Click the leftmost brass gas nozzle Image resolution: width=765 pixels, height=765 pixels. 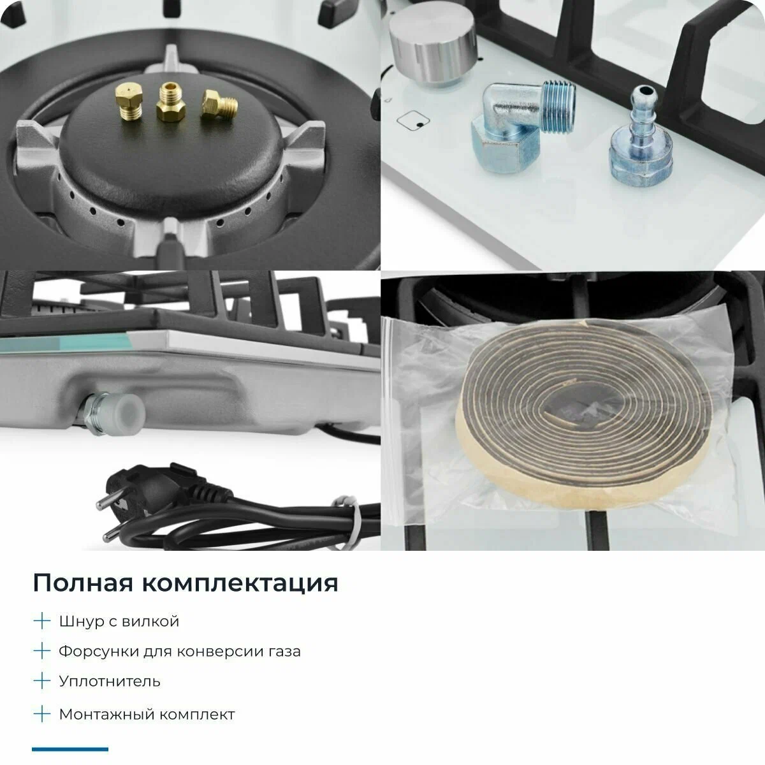(129, 102)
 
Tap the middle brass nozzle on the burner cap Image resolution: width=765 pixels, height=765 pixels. (170, 103)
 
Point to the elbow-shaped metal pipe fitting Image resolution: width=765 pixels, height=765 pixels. (520, 127)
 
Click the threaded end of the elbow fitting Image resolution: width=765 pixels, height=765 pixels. (558, 106)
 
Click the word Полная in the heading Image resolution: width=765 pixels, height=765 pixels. (84, 583)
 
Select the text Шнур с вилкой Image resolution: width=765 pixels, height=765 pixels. (119, 621)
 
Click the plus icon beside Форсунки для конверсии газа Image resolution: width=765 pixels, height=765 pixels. (41, 651)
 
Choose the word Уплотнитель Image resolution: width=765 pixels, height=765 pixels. (110, 681)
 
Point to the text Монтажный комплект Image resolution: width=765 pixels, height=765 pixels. (147, 714)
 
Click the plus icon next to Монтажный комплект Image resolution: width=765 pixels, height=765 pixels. (41, 714)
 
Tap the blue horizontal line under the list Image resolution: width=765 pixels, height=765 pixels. (70, 749)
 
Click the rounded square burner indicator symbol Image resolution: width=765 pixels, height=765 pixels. (413, 120)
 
